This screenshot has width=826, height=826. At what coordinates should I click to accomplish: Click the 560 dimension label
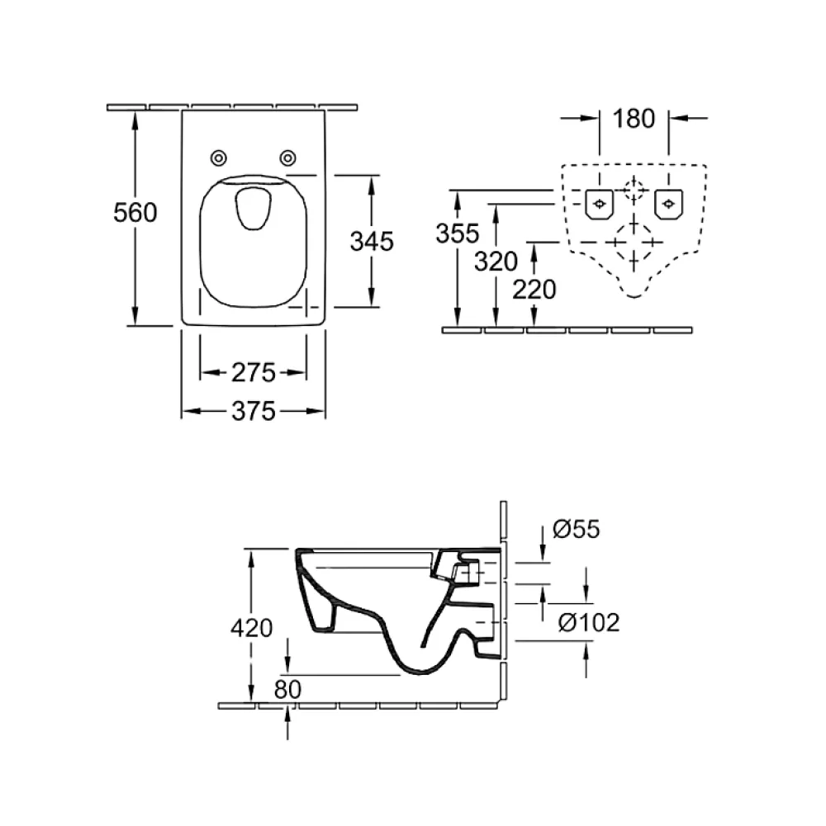[x=135, y=212]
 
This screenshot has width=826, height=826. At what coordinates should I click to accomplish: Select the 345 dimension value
[x=372, y=241]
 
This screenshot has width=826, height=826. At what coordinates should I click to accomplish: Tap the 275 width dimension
[x=254, y=372]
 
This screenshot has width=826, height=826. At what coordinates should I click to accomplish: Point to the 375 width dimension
[x=254, y=411]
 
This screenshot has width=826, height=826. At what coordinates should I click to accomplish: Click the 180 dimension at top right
[x=634, y=119]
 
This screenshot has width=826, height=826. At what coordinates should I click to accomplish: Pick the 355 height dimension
[x=458, y=233]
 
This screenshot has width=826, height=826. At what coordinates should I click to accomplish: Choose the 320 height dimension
[x=496, y=262]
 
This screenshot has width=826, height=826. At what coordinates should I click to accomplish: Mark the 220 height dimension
[x=534, y=289]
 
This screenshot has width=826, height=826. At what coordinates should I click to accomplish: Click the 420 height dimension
[x=252, y=628]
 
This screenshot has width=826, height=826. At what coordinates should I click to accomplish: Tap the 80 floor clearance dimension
[x=287, y=689]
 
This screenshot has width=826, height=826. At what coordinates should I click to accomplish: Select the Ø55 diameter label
[x=576, y=529]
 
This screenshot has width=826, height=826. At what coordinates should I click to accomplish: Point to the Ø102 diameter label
[x=589, y=623]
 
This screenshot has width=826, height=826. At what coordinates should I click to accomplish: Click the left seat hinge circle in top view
[x=219, y=158]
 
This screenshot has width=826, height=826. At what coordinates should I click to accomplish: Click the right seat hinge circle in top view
[x=287, y=158]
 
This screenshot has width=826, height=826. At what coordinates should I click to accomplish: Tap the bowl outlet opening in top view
[x=254, y=209]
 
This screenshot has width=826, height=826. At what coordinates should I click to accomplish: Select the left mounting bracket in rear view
[x=599, y=204]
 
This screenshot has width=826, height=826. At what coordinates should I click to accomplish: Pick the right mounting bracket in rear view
[x=668, y=204]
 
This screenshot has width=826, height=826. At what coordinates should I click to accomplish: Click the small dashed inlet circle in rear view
[x=634, y=190]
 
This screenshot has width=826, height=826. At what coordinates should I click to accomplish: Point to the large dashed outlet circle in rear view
[x=634, y=243]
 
